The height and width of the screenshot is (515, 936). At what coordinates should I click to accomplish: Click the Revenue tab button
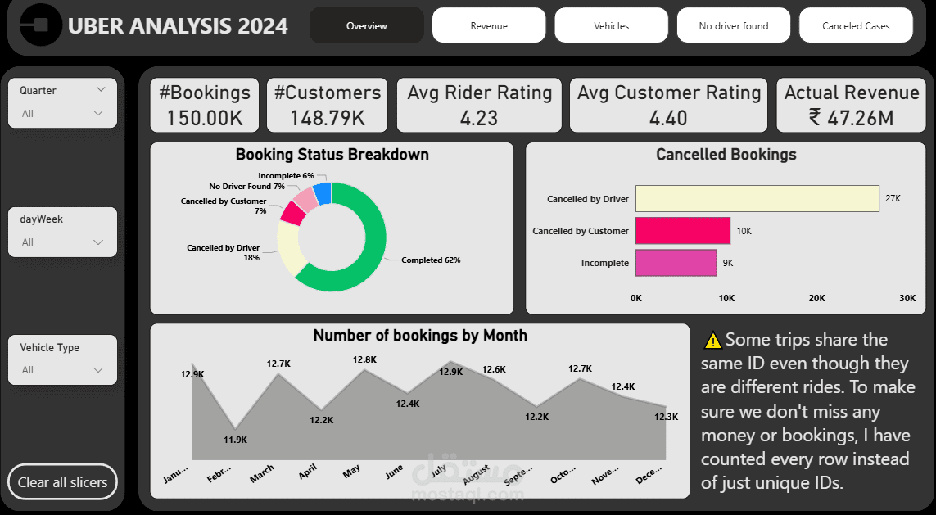[x=489, y=25]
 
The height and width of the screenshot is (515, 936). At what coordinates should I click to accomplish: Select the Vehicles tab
[x=611, y=25]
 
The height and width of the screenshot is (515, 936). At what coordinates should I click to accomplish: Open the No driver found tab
[x=733, y=25]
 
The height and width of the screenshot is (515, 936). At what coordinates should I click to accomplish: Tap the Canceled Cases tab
[x=856, y=25]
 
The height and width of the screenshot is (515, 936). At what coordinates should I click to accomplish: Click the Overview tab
[x=366, y=25]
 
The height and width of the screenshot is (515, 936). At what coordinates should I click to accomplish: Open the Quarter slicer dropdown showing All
[x=63, y=113]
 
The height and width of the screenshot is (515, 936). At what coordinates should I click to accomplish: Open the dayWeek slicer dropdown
[x=63, y=242]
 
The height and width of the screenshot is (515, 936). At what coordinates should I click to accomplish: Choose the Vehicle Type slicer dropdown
[x=63, y=369]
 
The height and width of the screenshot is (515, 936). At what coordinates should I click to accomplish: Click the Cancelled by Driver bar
[x=757, y=199]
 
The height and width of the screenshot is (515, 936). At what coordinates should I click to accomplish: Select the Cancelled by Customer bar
[x=682, y=231]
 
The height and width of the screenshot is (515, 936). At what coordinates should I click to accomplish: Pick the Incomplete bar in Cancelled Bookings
[x=676, y=263]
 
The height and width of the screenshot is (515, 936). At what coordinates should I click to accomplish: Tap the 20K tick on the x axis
[x=816, y=298]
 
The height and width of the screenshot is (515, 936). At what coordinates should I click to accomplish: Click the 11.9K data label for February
[x=237, y=440]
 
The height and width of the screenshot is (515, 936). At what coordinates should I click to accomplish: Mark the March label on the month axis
[x=262, y=473]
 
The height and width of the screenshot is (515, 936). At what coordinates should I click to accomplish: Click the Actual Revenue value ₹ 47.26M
[x=851, y=118]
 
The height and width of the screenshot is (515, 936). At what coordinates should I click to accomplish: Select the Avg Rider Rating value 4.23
[x=479, y=118]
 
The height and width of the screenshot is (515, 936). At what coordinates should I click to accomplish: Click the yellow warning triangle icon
[x=712, y=340]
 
